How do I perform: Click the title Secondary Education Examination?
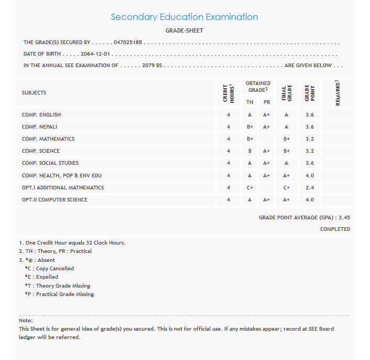(184, 17)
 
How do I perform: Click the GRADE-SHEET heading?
(184, 30)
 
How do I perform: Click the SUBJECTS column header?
(34, 93)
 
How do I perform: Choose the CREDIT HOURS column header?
(228, 92)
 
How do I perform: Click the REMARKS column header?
(338, 93)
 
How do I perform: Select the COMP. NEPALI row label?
(39, 127)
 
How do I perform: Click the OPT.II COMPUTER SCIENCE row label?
(55, 200)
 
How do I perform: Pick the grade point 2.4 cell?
(309, 188)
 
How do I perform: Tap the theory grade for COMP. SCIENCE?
(250, 151)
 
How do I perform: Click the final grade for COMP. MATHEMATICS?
(287, 139)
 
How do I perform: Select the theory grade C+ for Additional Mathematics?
(250, 188)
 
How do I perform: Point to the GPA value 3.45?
(344, 217)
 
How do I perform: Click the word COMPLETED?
(335, 229)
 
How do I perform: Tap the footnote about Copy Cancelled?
(49, 269)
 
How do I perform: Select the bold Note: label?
(26, 320)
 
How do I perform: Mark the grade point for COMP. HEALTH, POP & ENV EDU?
(309, 176)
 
